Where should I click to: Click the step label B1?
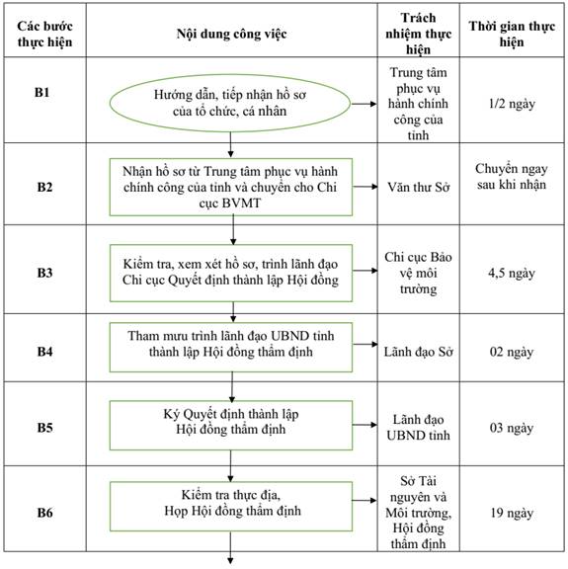(41, 93)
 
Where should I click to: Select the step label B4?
(44, 352)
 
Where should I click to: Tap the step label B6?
(44, 513)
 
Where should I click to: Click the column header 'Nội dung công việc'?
(231, 34)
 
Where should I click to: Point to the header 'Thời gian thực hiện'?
(512, 34)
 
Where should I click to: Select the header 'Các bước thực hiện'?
(44, 34)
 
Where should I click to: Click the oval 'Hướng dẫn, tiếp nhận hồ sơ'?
(230, 103)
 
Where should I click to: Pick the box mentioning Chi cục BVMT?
(231, 187)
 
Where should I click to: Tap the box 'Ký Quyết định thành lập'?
(231, 426)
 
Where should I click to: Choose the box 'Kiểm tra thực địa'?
(231, 506)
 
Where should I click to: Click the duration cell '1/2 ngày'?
(512, 104)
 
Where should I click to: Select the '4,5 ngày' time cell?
(512, 273)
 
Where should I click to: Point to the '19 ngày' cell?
(512, 513)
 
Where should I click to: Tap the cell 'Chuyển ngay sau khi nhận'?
(512, 177)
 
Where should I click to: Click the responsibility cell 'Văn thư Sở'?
(419, 187)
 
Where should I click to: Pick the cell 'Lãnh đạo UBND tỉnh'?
(419, 427)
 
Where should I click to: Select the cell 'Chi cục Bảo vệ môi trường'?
(419, 273)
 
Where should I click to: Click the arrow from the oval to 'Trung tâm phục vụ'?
(365, 104)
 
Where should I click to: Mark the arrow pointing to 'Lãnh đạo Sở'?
(365, 344)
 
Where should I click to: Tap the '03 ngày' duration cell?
(512, 428)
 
